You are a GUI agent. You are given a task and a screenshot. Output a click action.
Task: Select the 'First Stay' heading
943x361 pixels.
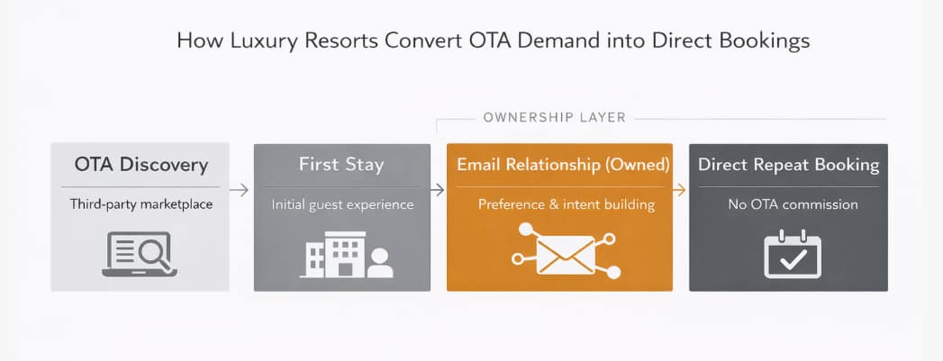(x=341, y=165)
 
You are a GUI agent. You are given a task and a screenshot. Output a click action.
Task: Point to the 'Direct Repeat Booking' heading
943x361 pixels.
(x=788, y=165)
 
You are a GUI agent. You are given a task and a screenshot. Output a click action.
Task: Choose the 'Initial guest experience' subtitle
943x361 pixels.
(x=342, y=204)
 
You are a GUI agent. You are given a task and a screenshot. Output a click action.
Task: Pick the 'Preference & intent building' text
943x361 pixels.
(x=559, y=204)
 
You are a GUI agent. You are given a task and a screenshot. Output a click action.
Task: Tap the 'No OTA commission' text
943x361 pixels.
(x=788, y=204)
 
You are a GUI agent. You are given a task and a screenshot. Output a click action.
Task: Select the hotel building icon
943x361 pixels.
(x=335, y=254)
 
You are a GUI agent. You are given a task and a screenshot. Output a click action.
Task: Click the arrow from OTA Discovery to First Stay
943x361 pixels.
(x=240, y=190)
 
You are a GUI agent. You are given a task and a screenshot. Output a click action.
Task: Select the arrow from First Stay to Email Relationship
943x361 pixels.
(x=437, y=190)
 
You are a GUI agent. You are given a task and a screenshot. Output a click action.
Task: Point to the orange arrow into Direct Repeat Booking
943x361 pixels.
(x=681, y=190)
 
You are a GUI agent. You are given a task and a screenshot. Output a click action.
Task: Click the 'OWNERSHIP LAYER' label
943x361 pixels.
(x=554, y=117)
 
